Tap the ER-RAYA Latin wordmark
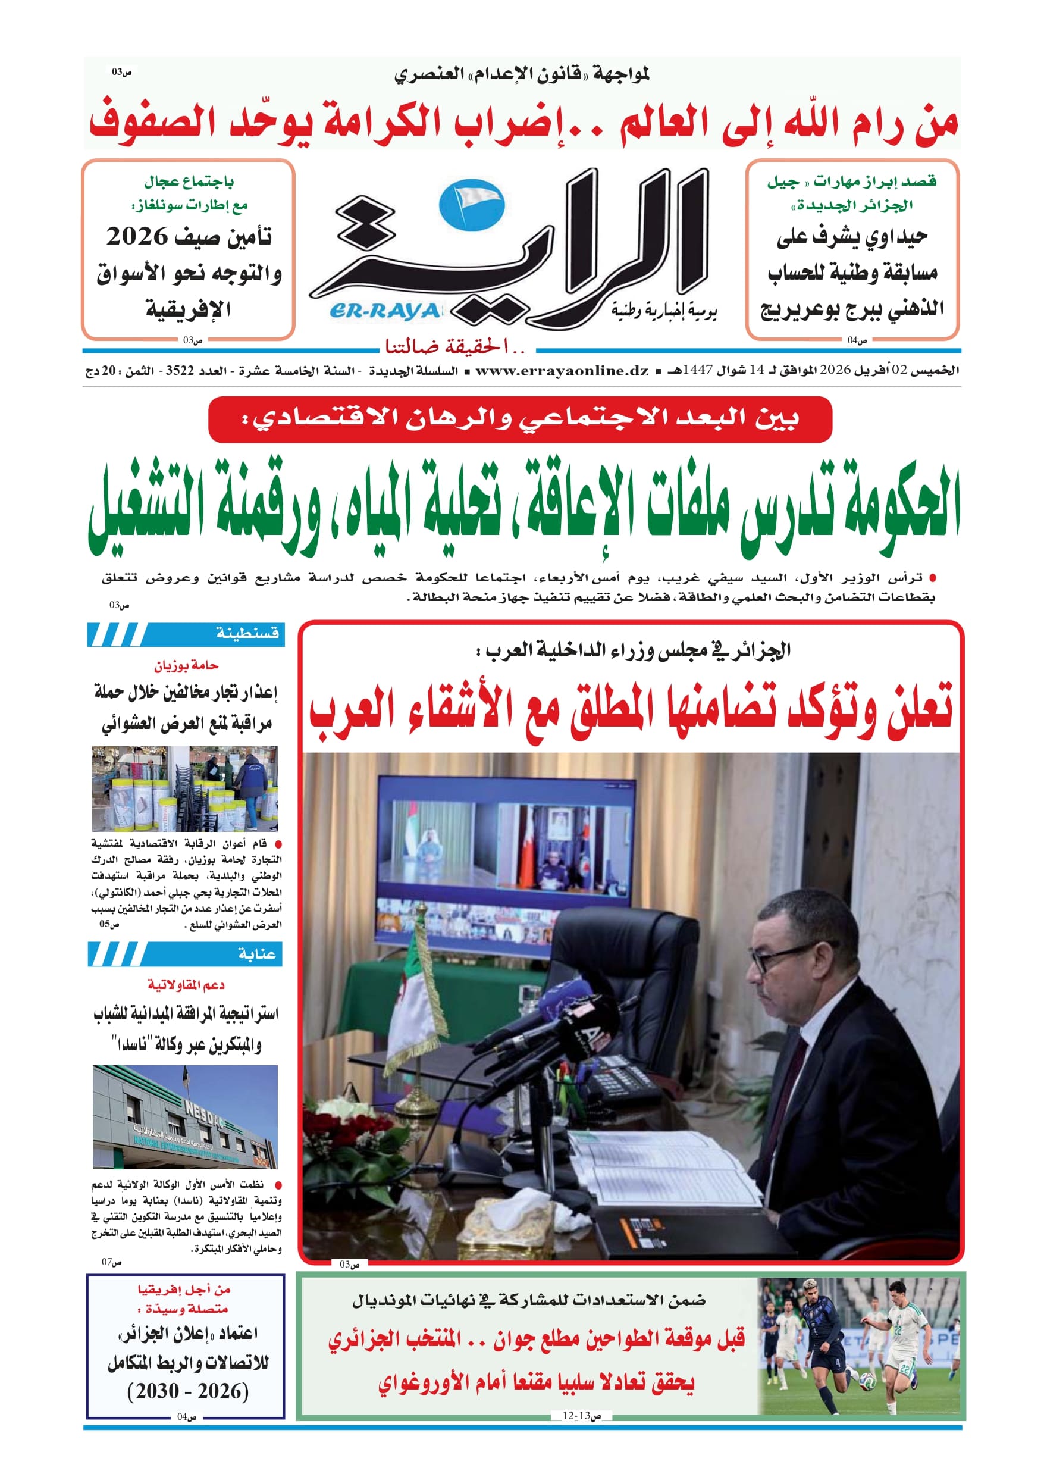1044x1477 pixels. [x=385, y=311]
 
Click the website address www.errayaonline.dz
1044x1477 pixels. [x=562, y=371]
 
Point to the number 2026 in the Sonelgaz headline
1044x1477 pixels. [x=137, y=237]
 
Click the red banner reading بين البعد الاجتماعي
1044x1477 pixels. [x=520, y=420]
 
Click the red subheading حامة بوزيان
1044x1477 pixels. [x=186, y=665]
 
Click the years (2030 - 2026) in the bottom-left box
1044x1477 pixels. [x=188, y=1392]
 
